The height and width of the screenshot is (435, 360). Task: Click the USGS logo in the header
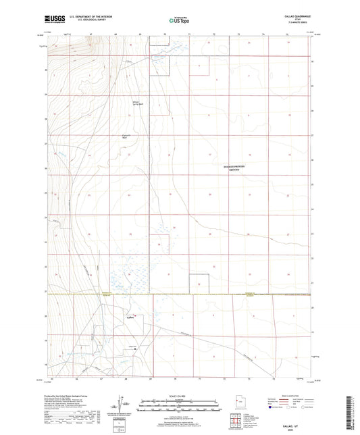pos(51,20)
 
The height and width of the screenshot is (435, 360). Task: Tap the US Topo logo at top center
pos(179,20)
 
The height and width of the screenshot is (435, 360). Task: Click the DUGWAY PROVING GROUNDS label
pos(231,168)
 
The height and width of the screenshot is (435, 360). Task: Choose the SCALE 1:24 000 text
pos(179,396)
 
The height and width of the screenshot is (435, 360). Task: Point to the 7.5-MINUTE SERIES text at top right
pos(299,25)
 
